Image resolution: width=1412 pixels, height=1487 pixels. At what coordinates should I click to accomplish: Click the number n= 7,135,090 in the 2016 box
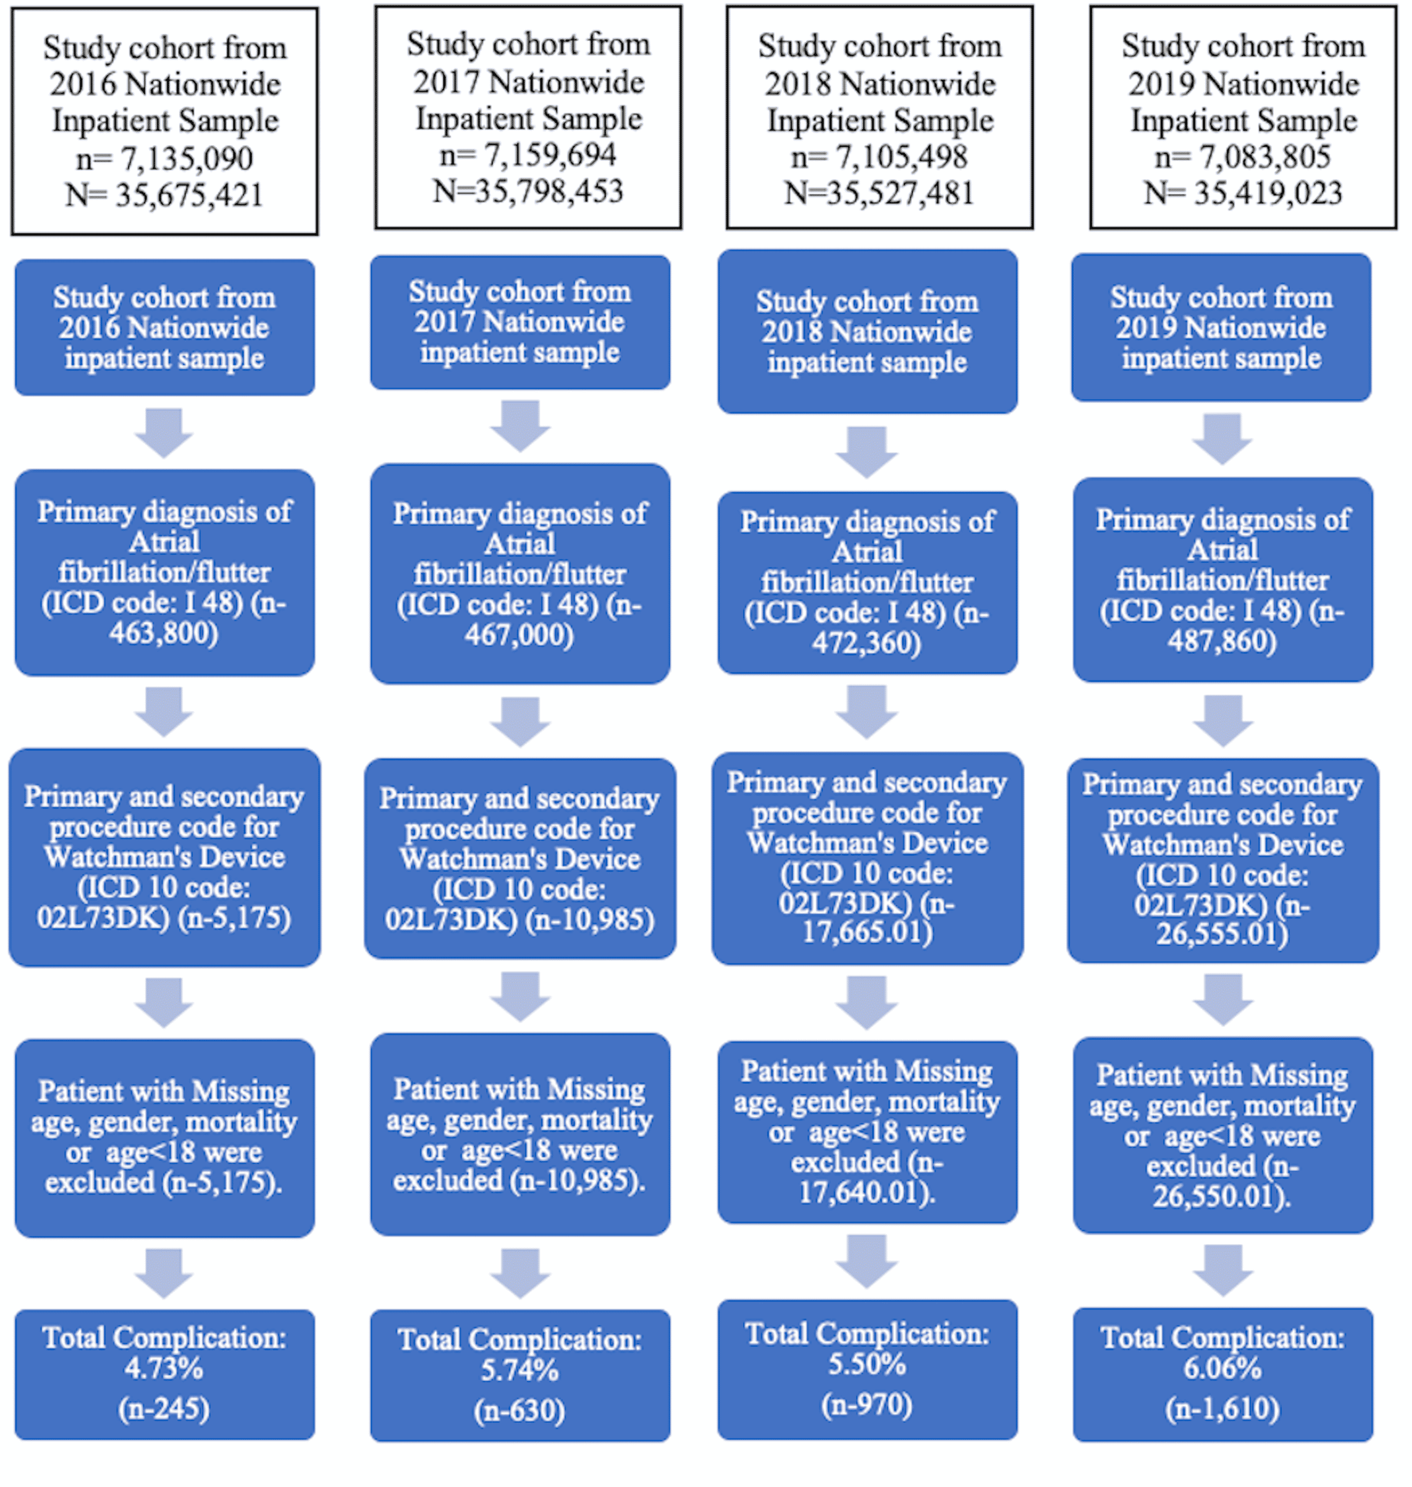tap(164, 159)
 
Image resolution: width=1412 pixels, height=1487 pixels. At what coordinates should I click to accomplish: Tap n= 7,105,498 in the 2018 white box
tap(879, 157)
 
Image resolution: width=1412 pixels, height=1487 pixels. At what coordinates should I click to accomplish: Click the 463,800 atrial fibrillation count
tap(164, 633)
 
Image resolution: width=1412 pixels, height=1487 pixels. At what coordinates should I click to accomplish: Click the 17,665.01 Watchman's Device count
tap(866, 933)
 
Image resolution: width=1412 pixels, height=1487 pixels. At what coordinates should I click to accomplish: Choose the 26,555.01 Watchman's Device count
tap(1222, 934)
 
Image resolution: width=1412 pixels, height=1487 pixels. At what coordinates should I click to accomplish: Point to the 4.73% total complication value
tap(164, 1368)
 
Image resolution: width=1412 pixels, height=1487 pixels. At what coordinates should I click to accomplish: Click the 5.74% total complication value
tap(519, 1370)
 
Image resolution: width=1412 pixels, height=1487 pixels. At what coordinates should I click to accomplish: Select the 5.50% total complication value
tap(866, 1364)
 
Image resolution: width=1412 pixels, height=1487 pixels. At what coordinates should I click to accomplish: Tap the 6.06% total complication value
tap(1222, 1368)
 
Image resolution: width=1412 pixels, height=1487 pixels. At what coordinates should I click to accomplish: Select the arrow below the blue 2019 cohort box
tap(1222, 438)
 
